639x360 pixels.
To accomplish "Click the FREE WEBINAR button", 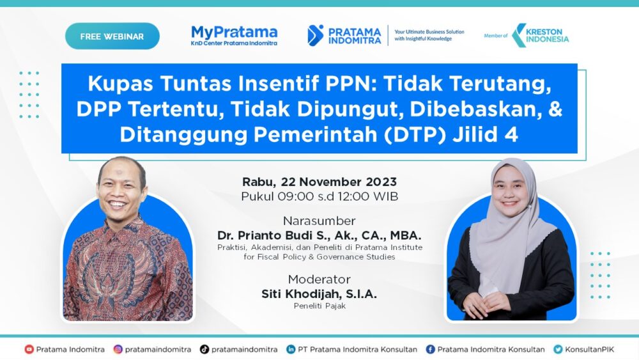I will click(x=112, y=36).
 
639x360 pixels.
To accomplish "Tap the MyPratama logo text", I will click(x=234, y=33).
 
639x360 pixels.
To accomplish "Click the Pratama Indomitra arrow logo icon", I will click(x=315, y=35).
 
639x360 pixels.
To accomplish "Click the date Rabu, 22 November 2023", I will click(x=319, y=182).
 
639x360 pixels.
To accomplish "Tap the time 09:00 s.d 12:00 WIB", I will click(x=319, y=196).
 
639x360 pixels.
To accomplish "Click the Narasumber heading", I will click(x=319, y=221).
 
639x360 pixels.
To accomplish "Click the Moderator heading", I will click(x=319, y=279).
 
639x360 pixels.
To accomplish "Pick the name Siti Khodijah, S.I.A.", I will click(x=319, y=293).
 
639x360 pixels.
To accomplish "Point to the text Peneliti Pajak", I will click(x=319, y=306).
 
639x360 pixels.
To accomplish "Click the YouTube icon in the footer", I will click(x=29, y=349).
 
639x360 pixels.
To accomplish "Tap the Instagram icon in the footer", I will click(x=118, y=349).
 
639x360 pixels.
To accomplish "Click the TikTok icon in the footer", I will click(x=204, y=349).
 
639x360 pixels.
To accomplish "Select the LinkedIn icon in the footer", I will click(x=291, y=349).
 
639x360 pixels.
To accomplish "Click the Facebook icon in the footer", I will click(x=430, y=349).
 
